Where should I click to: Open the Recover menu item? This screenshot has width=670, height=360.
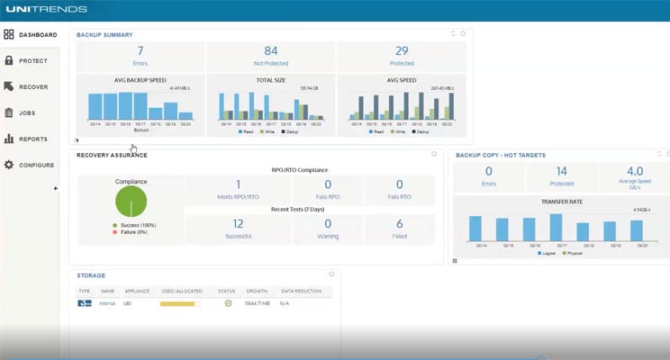pyautogui.click(x=32, y=87)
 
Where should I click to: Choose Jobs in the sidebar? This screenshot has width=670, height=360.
pyautogui.click(x=27, y=113)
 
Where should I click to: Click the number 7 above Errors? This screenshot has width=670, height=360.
pyautogui.click(x=140, y=51)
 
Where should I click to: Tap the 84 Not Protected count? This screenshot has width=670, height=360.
pyautogui.click(x=270, y=51)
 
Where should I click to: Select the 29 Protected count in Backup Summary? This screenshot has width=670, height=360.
pyautogui.click(x=402, y=51)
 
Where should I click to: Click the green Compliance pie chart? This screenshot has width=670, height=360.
pyautogui.click(x=131, y=201)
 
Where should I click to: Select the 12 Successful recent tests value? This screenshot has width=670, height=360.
pyautogui.click(x=238, y=223)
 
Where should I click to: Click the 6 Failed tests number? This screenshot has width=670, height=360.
pyautogui.click(x=399, y=223)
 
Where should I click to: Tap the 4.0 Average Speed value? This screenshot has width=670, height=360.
pyautogui.click(x=634, y=171)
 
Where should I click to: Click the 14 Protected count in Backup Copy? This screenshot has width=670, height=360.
pyautogui.click(x=561, y=171)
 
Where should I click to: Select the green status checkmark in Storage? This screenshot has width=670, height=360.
pyautogui.click(x=228, y=303)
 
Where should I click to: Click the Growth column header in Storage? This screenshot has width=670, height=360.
pyautogui.click(x=257, y=292)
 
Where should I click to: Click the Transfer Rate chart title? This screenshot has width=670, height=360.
pyautogui.click(x=561, y=202)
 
